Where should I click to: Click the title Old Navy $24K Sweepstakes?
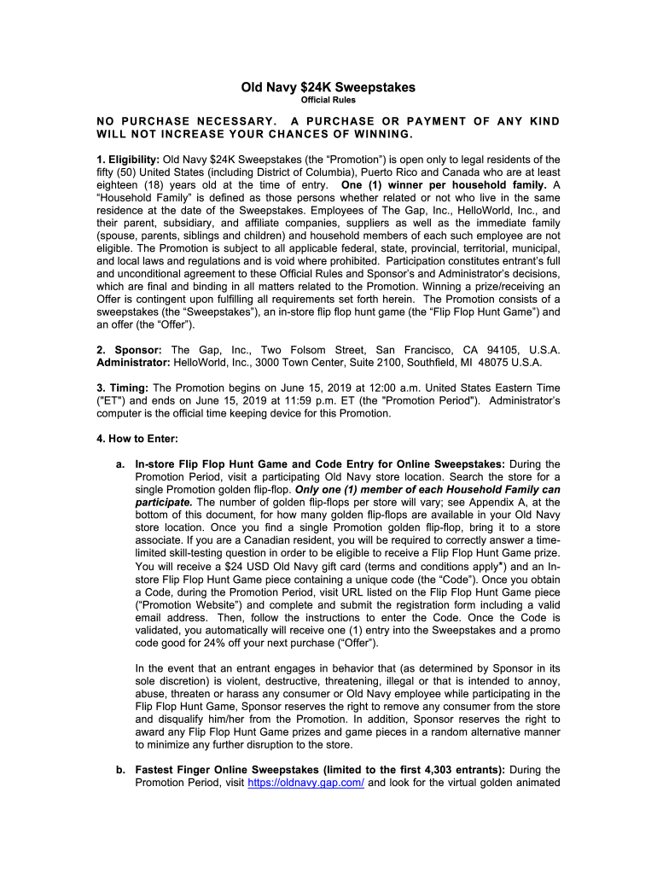328,88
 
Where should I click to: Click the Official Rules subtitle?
328,102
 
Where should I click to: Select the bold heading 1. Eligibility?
127,160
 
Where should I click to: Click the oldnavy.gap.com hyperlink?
305,783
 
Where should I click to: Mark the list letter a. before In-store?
120,464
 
